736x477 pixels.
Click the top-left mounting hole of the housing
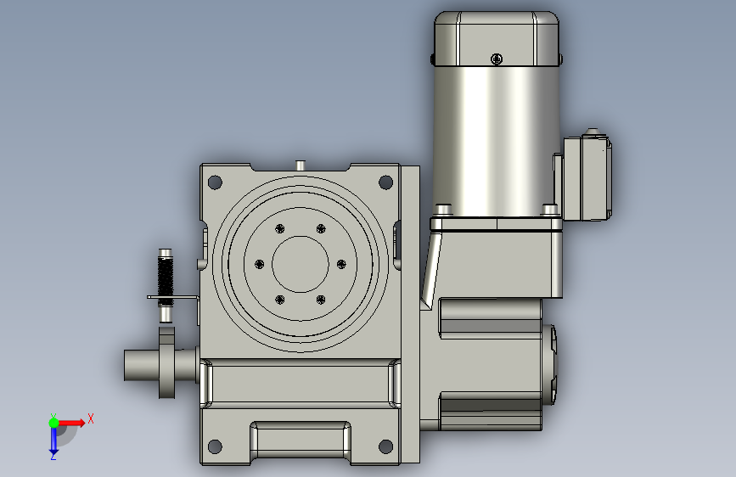click(215, 182)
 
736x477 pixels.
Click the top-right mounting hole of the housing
click(386, 182)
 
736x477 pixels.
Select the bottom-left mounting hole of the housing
click(215, 446)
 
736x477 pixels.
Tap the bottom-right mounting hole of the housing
click(386, 446)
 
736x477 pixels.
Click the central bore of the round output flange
click(301, 264)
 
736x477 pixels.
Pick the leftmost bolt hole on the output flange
click(259, 264)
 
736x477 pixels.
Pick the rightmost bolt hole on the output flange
click(341, 264)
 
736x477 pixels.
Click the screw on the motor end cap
click(497, 59)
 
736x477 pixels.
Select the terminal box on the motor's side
click(587, 177)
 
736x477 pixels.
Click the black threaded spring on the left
click(166, 278)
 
